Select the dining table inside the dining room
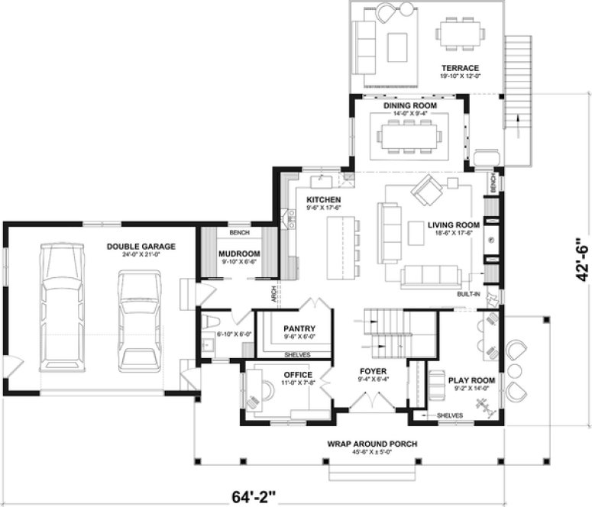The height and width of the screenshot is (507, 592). [409, 136]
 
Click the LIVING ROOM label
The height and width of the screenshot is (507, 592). [453, 224]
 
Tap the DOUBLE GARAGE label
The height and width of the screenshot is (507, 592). [141, 246]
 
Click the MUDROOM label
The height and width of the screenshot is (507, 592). [239, 253]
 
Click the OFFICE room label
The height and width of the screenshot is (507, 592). [297, 375]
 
